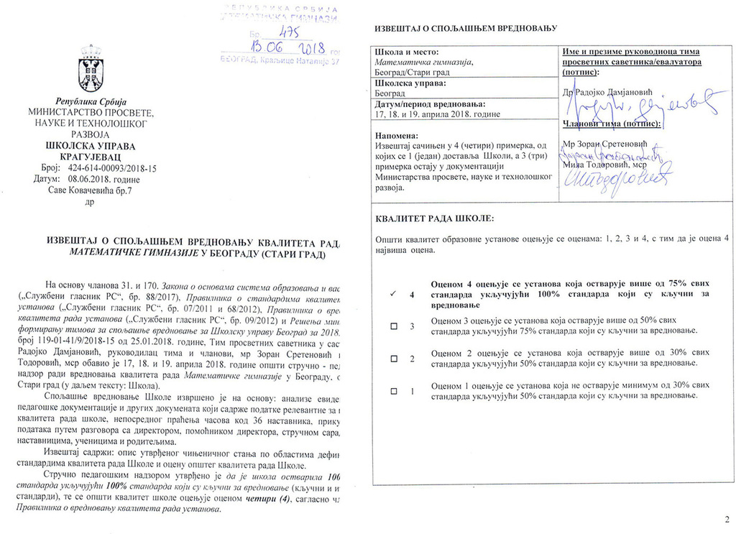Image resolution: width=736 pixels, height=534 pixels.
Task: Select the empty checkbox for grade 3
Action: (393, 326)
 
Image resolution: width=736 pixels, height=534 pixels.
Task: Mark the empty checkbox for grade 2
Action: (393, 358)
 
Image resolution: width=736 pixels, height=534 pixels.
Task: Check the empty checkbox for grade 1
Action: (393, 392)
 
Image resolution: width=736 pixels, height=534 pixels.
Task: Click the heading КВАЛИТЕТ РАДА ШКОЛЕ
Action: (435, 218)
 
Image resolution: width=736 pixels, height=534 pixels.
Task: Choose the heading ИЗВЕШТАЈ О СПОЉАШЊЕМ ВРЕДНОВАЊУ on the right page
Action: (466, 29)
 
